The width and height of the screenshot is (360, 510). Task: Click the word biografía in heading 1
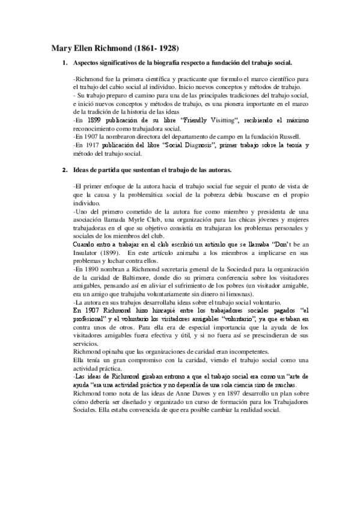tap(166, 63)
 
